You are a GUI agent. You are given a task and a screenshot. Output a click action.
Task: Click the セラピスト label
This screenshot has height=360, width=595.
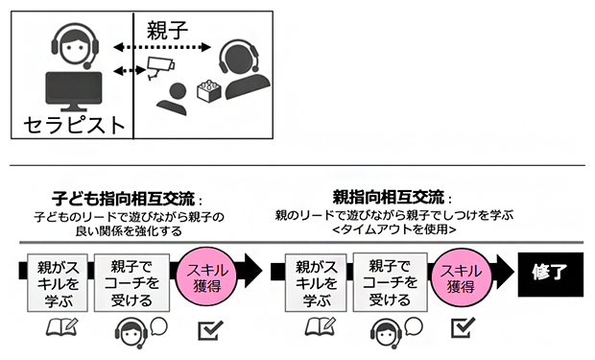(75, 124)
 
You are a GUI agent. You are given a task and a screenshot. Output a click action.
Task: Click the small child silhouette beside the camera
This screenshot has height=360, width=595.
(174, 95)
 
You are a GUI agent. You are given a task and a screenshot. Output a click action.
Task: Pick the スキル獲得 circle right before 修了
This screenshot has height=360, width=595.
(464, 271)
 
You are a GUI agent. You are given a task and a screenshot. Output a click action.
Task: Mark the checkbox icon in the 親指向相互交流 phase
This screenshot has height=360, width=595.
(464, 329)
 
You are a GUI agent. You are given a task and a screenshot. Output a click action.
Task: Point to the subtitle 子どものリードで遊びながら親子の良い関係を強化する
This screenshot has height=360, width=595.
(129, 224)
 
